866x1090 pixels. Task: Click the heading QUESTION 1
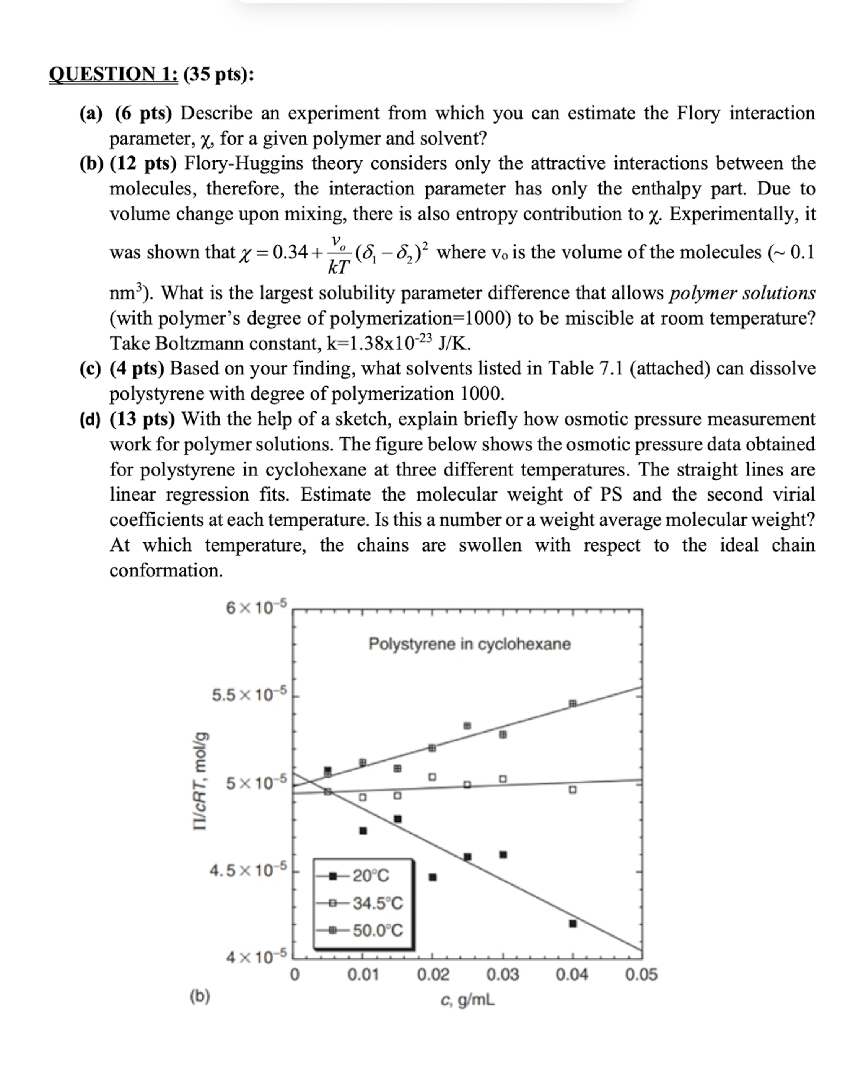pyautogui.click(x=113, y=74)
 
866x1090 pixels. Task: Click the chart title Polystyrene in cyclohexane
pyautogui.click(x=469, y=644)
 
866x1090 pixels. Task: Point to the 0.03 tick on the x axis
pyautogui.click(x=502, y=974)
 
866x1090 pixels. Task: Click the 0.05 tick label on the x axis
pyautogui.click(x=641, y=974)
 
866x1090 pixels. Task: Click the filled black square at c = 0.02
pyautogui.click(x=433, y=877)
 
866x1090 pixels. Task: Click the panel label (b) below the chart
pyautogui.click(x=200, y=995)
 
